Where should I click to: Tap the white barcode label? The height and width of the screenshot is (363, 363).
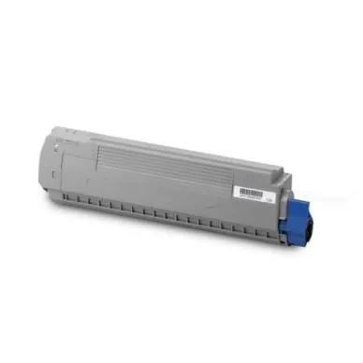pyautogui.click(x=251, y=192)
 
